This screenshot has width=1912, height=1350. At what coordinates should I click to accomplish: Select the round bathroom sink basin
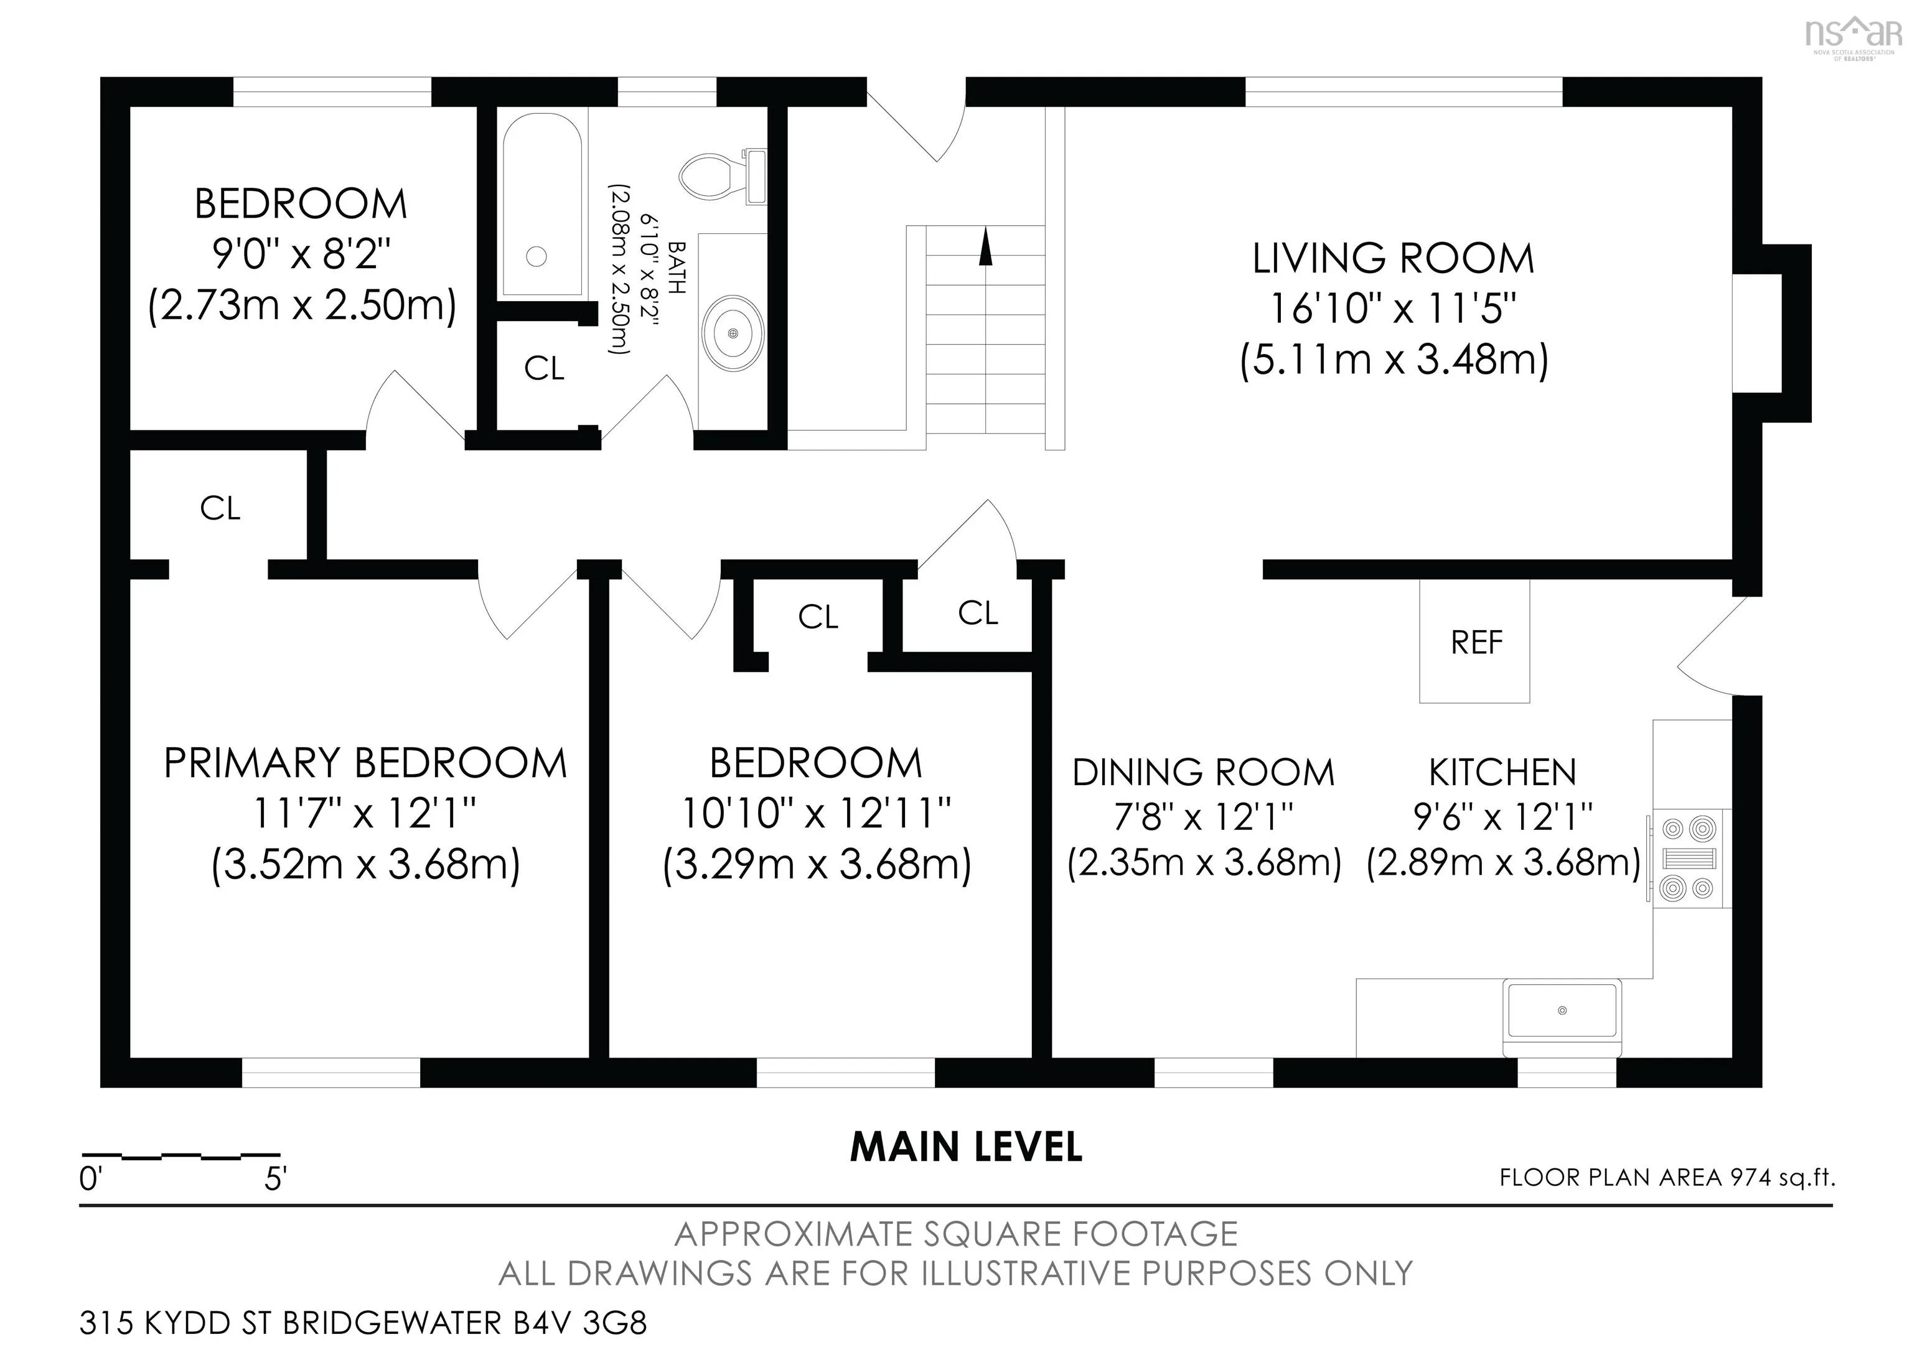point(733,333)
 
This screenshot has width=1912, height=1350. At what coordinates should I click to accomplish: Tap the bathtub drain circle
point(537,256)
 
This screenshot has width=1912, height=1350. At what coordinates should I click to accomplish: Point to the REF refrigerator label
point(1476,643)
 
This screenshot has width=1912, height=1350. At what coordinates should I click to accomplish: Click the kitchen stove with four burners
point(1690,858)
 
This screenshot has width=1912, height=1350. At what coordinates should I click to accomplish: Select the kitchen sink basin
point(1562,1010)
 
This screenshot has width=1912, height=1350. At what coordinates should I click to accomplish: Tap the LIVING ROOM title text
point(1393,259)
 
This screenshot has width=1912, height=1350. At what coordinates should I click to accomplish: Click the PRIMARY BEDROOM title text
point(365,763)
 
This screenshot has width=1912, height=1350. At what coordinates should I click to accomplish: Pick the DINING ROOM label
point(1203,773)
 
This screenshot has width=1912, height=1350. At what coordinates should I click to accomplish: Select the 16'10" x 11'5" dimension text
point(1393,309)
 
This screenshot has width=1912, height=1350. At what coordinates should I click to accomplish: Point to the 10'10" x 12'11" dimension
point(816,813)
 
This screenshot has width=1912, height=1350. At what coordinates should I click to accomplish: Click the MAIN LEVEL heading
point(966,1147)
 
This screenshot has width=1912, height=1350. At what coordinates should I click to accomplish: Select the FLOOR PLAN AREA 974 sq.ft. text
point(1667,1178)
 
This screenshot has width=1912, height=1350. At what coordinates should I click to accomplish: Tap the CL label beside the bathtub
point(545,368)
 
